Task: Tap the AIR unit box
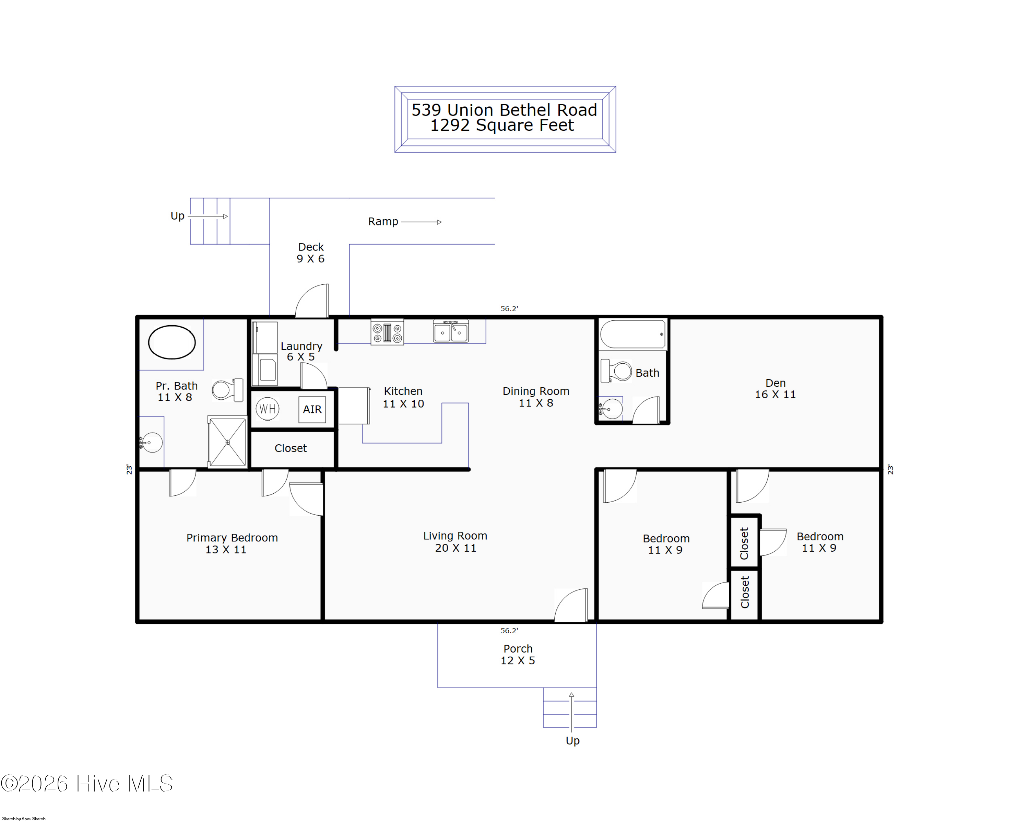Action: tap(312, 409)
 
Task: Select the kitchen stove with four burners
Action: tap(387, 332)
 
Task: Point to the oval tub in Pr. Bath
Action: tap(172, 342)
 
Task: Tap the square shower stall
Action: tap(228, 442)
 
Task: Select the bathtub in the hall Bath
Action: tap(633, 334)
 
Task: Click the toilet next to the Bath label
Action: tap(616, 371)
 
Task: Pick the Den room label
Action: tap(775, 389)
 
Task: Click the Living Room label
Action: tap(455, 542)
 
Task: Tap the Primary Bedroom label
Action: tap(232, 543)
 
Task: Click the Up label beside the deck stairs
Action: tap(178, 216)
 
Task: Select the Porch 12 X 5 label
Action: tap(518, 654)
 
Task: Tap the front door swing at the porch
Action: tap(571, 605)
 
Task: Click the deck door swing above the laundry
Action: tap(312, 301)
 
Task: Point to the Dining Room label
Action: tap(536, 397)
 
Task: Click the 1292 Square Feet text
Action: tap(502, 125)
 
